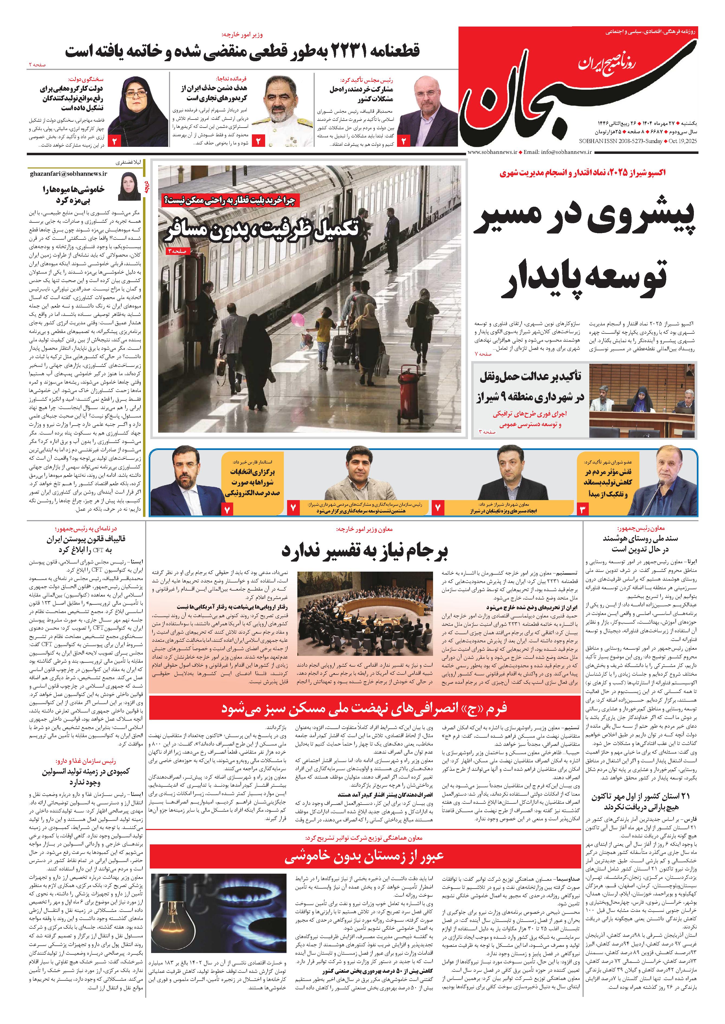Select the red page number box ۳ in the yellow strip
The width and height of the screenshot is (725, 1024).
583,508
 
